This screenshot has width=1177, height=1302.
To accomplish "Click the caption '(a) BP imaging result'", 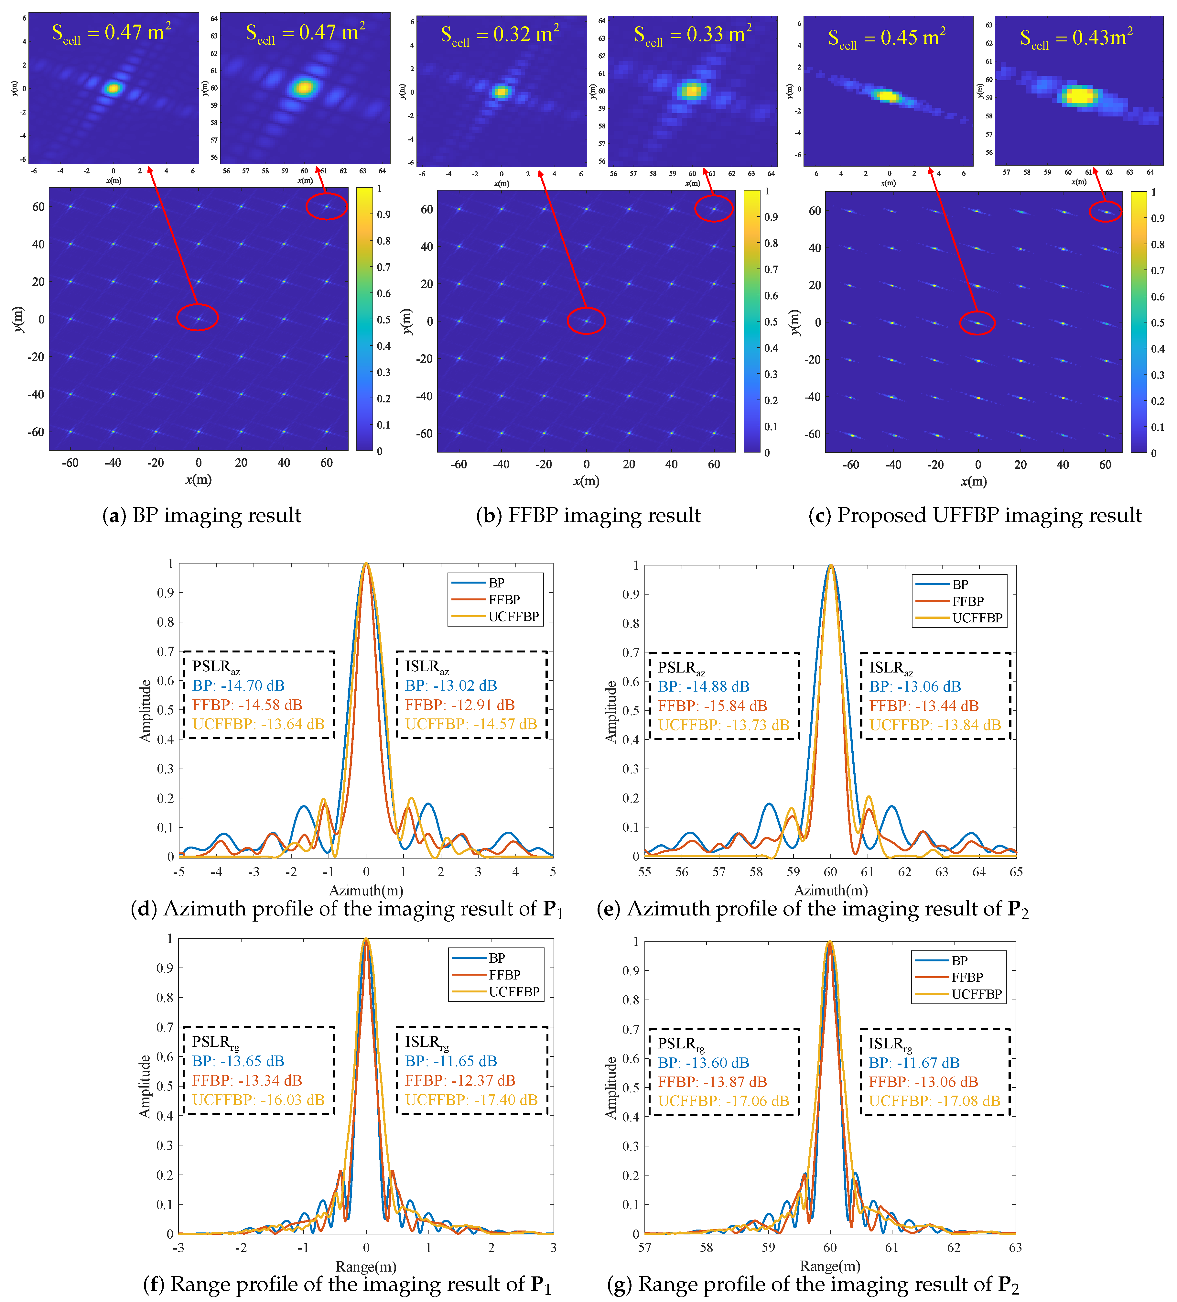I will [x=201, y=515].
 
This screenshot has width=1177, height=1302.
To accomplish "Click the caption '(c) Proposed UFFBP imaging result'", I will [x=975, y=515].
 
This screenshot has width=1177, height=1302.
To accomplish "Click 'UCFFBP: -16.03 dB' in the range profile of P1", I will [x=258, y=1100].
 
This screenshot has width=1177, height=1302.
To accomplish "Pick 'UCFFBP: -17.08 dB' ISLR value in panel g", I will [x=934, y=1101].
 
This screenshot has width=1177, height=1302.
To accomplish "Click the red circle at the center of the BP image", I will [x=198, y=317].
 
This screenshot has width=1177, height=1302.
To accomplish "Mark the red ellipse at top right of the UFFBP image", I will [x=1105, y=211].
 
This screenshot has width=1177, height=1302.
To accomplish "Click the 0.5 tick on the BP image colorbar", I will [x=383, y=320].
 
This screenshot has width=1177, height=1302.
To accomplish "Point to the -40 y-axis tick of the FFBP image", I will [x=424, y=396].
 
